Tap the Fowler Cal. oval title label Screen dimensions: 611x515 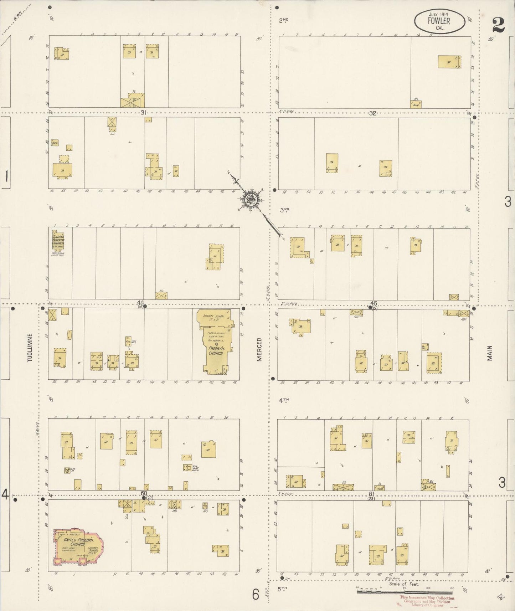[439, 21]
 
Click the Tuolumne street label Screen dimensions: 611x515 [30, 348]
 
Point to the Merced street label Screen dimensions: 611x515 [259, 349]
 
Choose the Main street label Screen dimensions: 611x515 [490, 353]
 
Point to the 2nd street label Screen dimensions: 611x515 [284, 21]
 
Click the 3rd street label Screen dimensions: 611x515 [284, 210]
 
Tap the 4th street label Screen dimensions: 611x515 [284, 400]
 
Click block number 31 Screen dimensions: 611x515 [143, 112]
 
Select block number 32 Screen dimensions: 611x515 [372, 113]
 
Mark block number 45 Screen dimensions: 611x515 [374, 304]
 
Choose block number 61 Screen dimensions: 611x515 [371, 494]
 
